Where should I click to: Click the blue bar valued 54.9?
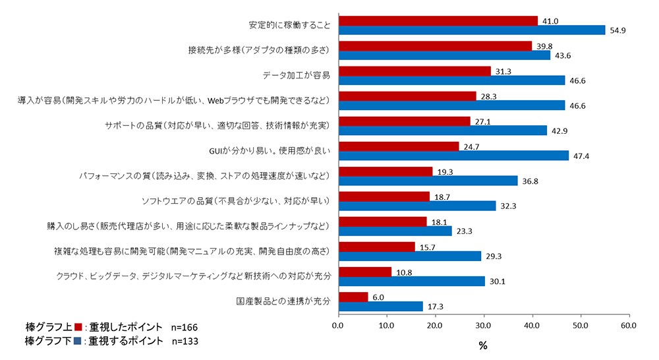(x=471, y=30)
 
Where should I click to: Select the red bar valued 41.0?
(x=438, y=20)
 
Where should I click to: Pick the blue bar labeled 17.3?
(x=380, y=307)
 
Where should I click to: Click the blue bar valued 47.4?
(x=453, y=156)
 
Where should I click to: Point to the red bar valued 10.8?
(x=364, y=272)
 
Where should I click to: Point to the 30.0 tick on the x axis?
(x=483, y=325)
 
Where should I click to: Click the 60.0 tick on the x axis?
(x=629, y=325)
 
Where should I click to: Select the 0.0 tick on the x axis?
(x=338, y=325)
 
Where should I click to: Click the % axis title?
(x=483, y=345)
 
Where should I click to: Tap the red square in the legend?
(x=78, y=328)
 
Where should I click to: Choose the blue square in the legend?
(x=78, y=341)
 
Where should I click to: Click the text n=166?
(x=184, y=328)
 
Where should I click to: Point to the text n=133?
(x=184, y=341)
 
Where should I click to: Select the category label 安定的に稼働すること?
(x=289, y=25)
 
